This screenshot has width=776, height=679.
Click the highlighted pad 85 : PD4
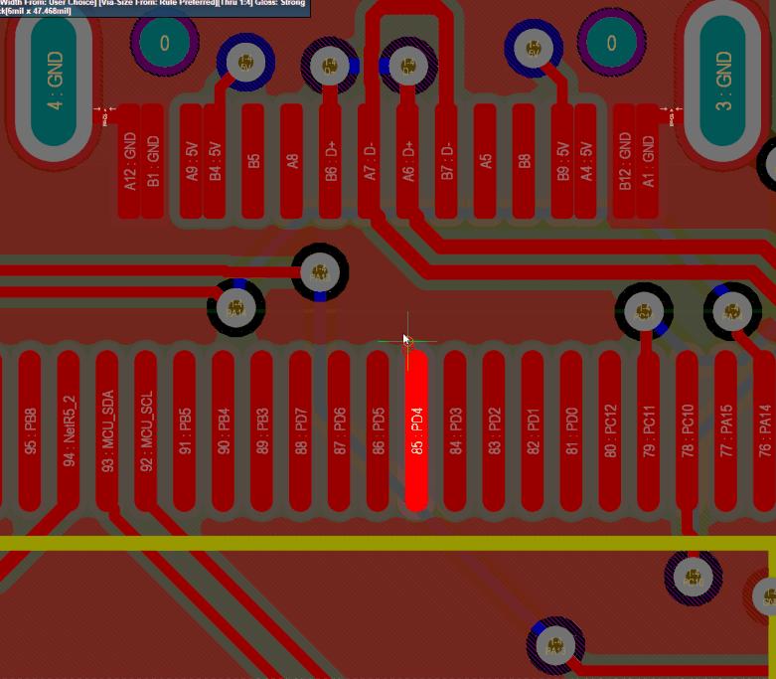pyautogui.click(x=417, y=429)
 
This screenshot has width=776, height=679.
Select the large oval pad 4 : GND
pyautogui.click(x=55, y=80)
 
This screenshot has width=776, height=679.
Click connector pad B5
pyautogui.click(x=253, y=159)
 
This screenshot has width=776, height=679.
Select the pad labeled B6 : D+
pyautogui.click(x=331, y=159)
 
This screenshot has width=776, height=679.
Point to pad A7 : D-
pyautogui.click(x=370, y=159)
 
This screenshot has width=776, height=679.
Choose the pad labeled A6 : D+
pyautogui.click(x=408, y=159)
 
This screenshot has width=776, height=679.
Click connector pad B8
pyautogui.click(x=525, y=159)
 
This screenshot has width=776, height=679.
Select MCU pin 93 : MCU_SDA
pyautogui.click(x=107, y=429)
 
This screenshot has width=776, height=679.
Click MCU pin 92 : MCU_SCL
pyautogui.click(x=146, y=429)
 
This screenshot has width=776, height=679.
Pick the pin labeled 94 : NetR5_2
pyautogui.click(x=68, y=429)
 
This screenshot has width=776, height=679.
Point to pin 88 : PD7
pyautogui.click(x=301, y=429)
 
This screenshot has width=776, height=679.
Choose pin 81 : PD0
pyautogui.click(x=571, y=429)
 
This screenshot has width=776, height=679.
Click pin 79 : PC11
pyautogui.click(x=648, y=429)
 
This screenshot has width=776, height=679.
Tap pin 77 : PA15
pyautogui.click(x=726, y=429)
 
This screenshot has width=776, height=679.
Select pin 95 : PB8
pyautogui.click(x=30, y=429)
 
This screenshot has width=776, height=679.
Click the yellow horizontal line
pyautogui.click(x=298, y=543)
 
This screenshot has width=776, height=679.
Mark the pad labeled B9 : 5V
pyautogui.click(x=563, y=159)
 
